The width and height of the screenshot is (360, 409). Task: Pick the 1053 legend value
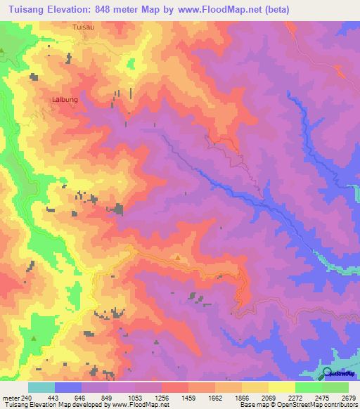pos(135,398)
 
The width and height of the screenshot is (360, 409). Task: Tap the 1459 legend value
pos(188,398)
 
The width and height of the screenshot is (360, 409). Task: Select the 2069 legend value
pos(269,398)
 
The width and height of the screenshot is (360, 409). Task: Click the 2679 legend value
pos(349,398)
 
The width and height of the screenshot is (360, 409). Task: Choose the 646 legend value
pos(82,398)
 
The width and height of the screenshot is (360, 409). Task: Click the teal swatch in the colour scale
pos(41,387)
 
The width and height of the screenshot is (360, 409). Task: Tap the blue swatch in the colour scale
pos(68,387)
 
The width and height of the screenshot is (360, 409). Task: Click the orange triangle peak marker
pos(177,257)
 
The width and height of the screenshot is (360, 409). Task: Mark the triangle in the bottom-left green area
pos(33,337)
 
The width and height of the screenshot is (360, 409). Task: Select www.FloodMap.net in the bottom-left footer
pos(138,405)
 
